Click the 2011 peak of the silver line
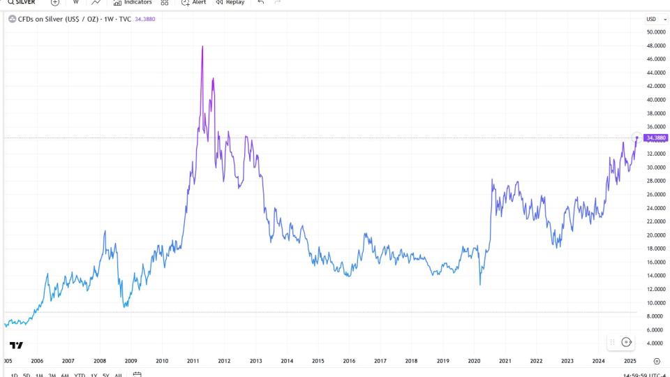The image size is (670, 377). click(x=202, y=47)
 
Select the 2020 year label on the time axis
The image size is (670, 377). click(x=474, y=361)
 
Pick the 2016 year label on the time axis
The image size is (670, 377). click(x=349, y=361)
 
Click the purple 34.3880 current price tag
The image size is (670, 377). click(x=655, y=138)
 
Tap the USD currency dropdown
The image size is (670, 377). click(x=652, y=19)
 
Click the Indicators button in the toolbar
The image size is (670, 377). click(x=133, y=3)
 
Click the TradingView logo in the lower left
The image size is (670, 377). click(x=16, y=346)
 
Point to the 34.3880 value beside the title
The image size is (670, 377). click(x=144, y=19)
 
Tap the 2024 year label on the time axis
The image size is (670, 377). click(x=599, y=361)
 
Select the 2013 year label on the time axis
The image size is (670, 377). click(x=255, y=361)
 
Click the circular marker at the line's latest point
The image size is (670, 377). click(x=636, y=138)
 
